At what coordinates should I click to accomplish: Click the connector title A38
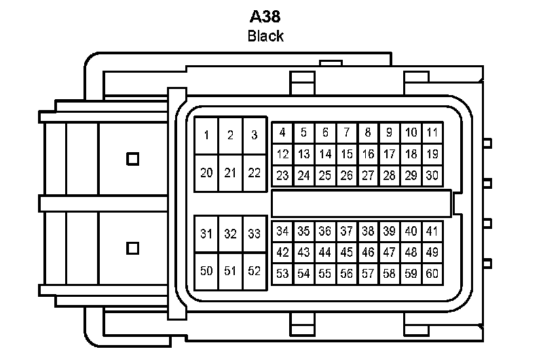[265, 16]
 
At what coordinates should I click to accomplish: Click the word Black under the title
[265, 36]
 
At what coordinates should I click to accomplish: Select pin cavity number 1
[206, 135]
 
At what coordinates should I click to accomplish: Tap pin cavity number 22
[254, 173]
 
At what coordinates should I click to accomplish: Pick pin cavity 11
[432, 132]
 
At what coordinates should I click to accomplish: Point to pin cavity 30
[432, 175]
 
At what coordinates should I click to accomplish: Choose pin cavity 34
[282, 231]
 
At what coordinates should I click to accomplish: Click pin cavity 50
[206, 271]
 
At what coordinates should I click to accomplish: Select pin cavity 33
[254, 234]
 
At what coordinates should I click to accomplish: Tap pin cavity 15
[347, 154]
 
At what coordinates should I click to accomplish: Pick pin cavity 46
[368, 252]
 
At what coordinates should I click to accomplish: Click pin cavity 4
[282, 132]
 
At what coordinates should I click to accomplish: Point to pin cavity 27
[368, 175]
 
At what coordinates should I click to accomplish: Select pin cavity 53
[282, 274]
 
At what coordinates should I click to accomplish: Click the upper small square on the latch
[133, 159]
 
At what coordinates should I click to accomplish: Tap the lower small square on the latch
[133, 248]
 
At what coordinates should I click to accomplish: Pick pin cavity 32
[230, 234]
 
